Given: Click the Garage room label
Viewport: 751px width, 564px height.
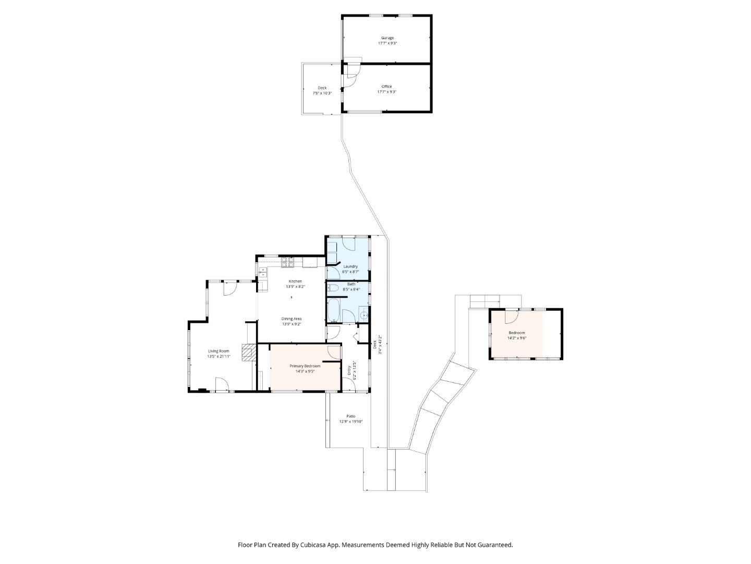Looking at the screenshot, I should click(387, 38).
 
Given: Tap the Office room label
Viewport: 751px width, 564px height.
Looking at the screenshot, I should click(386, 87).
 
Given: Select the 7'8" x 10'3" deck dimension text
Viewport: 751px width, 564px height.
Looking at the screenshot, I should click(322, 93).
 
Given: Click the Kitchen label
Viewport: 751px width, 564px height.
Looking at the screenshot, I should click(295, 281).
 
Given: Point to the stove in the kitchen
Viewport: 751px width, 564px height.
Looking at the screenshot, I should click(287, 263).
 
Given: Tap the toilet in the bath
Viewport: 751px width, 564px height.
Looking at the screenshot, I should click(333, 288).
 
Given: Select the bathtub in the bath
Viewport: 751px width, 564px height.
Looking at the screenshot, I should click(333, 310).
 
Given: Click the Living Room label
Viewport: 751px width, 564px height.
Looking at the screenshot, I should click(219, 351).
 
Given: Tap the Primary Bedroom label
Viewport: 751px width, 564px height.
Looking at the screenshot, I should click(305, 366).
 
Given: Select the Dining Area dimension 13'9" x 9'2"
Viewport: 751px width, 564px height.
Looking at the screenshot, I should click(292, 324).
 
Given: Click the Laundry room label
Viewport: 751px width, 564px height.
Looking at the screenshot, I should click(350, 266).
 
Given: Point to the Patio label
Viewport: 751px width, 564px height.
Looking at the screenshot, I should click(350, 416).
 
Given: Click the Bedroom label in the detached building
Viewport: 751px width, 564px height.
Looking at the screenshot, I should click(517, 333).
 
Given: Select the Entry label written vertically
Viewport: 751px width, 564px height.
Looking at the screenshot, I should click(349, 370).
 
